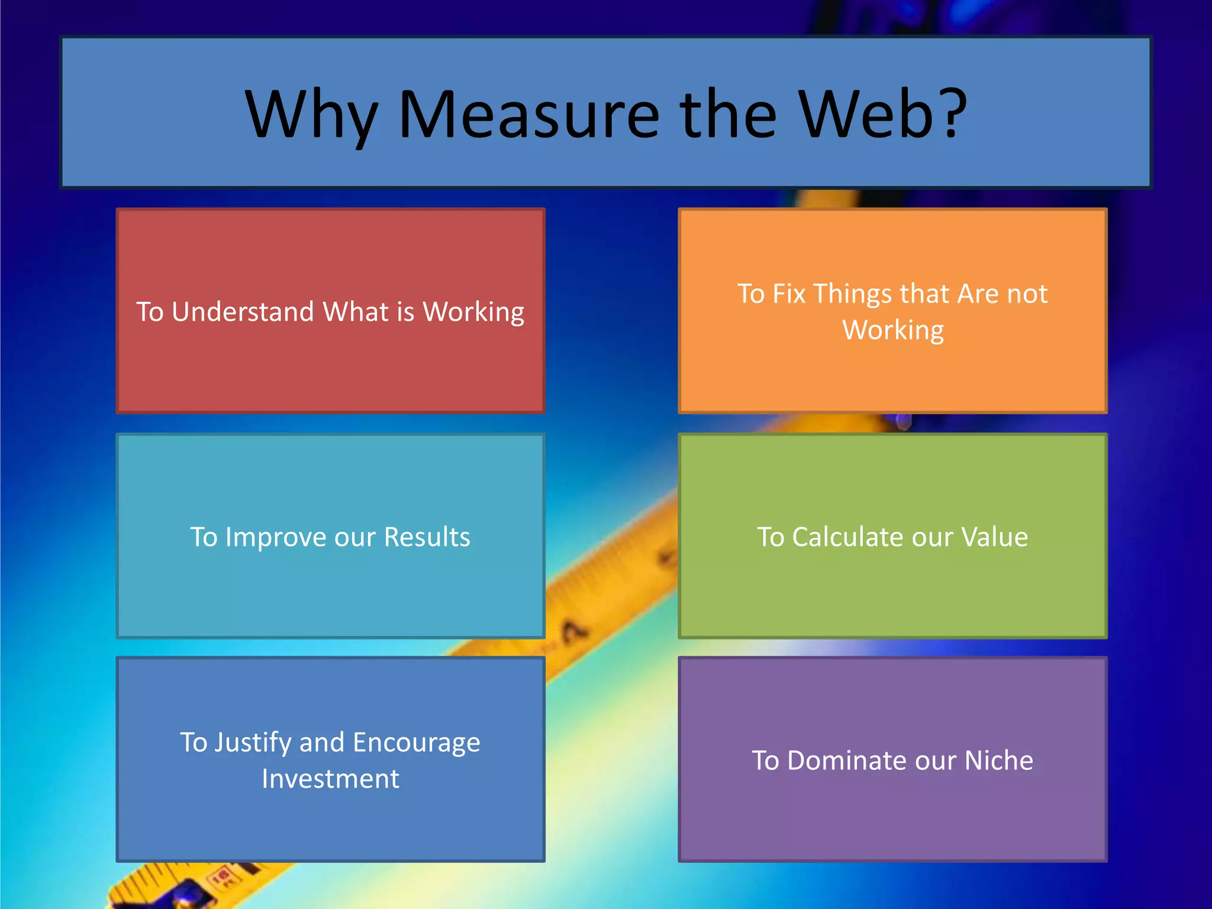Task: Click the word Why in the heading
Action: point(311,115)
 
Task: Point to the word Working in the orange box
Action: point(892,331)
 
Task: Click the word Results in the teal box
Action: point(427,537)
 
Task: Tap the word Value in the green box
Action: point(994,537)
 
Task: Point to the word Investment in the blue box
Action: point(330,779)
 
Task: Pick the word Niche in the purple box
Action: point(998,760)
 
